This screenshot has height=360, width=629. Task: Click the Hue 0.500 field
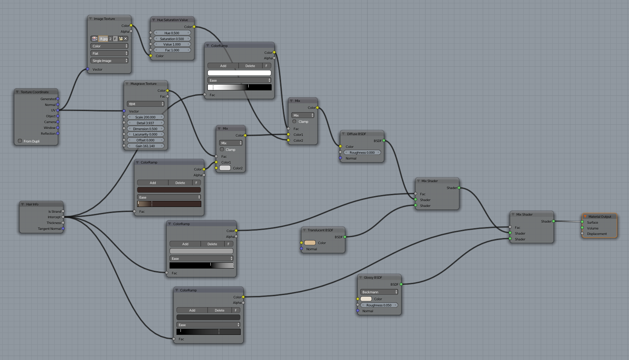(x=172, y=33)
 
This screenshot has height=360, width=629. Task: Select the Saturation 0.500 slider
(x=172, y=39)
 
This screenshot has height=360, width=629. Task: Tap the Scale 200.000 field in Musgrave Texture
(x=145, y=117)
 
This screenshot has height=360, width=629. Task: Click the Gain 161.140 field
(x=145, y=146)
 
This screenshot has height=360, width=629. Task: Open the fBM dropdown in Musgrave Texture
(x=145, y=104)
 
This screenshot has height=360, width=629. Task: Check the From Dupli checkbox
(x=20, y=141)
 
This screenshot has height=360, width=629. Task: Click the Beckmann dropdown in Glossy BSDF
(x=379, y=292)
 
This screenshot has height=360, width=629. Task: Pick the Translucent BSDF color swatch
(x=310, y=243)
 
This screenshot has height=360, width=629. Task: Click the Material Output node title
(x=599, y=216)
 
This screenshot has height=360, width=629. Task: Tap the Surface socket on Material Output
(x=582, y=222)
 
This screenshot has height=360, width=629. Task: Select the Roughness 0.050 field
(x=379, y=305)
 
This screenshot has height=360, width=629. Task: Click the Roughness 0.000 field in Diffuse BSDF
(x=362, y=152)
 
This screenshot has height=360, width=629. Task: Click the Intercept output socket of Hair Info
(x=63, y=217)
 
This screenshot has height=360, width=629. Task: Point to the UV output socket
(x=58, y=110)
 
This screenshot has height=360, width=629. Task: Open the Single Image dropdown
(x=109, y=60)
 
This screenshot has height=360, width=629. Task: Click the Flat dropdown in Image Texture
(x=109, y=53)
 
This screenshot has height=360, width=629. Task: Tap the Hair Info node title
(x=32, y=204)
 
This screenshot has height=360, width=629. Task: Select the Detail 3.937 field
(x=145, y=123)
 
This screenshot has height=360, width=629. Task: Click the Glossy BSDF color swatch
(x=366, y=299)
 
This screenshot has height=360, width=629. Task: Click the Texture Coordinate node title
(x=35, y=92)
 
